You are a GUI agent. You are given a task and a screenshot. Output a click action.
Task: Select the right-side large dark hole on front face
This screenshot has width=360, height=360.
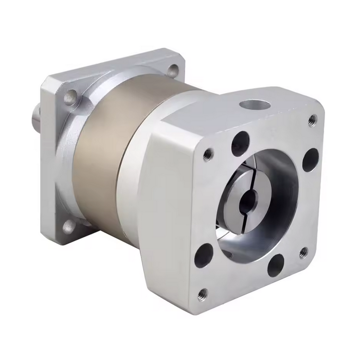309,159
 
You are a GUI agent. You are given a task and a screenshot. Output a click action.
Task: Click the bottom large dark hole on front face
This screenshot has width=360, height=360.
275,266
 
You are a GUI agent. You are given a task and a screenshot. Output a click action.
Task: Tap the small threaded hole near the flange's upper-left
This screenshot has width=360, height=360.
208,153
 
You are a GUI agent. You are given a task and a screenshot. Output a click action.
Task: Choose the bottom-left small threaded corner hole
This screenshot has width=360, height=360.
203,294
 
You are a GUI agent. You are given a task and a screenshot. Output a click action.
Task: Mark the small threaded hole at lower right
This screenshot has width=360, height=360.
303,252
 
